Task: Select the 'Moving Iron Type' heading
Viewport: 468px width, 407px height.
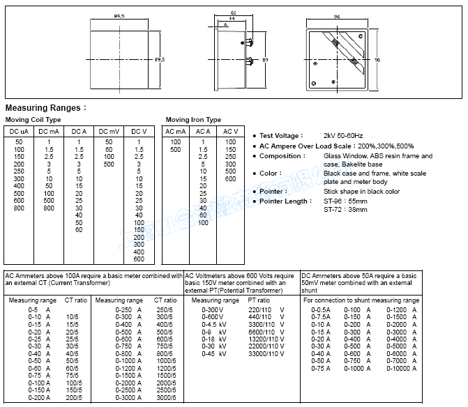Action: pyautogui.click(x=193, y=120)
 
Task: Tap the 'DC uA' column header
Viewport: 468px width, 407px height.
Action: pyautogui.click(x=19, y=131)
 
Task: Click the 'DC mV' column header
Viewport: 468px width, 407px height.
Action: pyautogui.click(x=108, y=131)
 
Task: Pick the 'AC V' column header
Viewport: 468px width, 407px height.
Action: pyautogui.click(x=230, y=131)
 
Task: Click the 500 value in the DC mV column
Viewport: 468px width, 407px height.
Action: pyautogui.click(x=109, y=164)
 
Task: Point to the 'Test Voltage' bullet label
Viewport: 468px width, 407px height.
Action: pyautogui.click(x=281, y=135)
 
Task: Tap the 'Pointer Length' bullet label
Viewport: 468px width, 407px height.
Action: pyautogui.click(x=286, y=201)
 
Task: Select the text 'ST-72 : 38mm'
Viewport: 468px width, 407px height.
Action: pyautogui.click(x=345, y=209)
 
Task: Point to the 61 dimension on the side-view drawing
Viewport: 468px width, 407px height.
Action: pyautogui.click(x=232, y=13)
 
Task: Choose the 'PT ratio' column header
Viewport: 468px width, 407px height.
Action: pyautogui.click(x=259, y=300)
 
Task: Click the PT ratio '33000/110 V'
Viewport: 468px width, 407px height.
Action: pyautogui.click(x=266, y=354)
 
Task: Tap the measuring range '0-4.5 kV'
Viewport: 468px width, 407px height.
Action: pyautogui.click(x=213, y=324)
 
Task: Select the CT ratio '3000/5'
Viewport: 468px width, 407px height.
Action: pyautogui.click(x=165, y=397)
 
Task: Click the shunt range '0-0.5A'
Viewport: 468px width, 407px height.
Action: pyautogui.click(x=321, y=309)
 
